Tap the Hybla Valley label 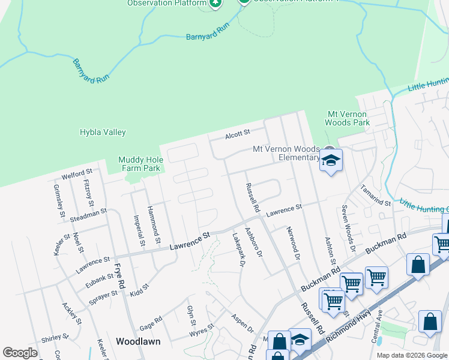[103, 132]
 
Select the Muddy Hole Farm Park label [139, 164]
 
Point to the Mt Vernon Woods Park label [348, 118]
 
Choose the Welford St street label [76, 176]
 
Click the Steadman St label [88, 212]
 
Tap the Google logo [20, 353]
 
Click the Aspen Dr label [242, 325]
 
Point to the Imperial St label [139, 231]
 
